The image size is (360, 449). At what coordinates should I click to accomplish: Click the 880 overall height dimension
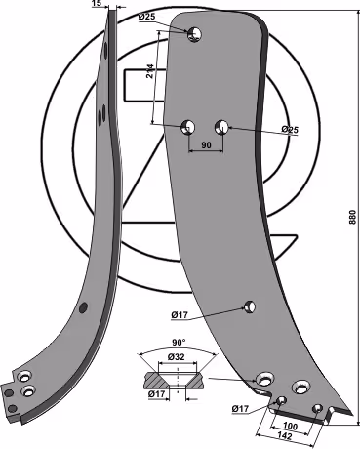353,217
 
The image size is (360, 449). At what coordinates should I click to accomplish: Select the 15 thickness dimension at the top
97,3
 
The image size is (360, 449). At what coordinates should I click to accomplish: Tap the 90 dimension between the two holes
206,145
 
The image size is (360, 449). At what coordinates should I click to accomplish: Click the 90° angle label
179,343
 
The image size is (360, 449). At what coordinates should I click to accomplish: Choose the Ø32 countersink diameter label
177,357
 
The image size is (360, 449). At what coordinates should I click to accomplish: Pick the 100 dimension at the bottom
289,427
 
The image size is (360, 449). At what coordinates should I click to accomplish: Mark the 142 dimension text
284,436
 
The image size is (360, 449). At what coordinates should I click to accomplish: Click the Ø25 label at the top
146,17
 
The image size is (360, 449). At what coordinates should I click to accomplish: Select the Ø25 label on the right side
290,130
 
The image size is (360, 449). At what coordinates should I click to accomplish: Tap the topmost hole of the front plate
194,33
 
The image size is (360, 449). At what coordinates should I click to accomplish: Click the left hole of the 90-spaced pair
188,126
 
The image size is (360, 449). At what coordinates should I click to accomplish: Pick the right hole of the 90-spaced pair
221,126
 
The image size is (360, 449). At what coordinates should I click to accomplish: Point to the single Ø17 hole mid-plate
250,306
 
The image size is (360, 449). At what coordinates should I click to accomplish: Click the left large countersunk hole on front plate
265,380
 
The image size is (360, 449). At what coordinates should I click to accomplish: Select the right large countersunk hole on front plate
300,387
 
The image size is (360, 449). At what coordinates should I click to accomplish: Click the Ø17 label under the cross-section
157,394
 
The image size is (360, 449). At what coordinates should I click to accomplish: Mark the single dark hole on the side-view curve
84,307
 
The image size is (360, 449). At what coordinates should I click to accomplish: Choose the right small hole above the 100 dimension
317,408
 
